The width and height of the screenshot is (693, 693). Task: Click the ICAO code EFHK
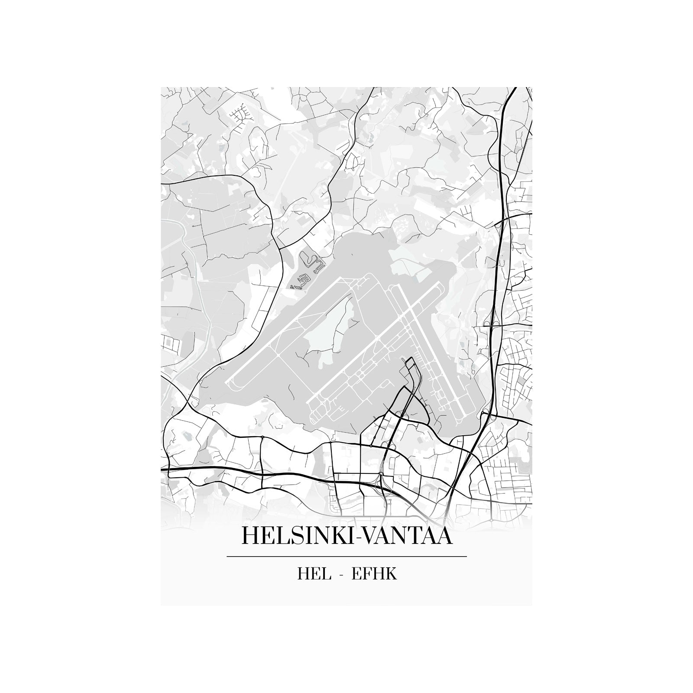tap(374, 574)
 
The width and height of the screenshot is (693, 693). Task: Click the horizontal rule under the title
tap(346, 556)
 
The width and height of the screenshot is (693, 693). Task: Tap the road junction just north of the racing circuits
tap(282, 247)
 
